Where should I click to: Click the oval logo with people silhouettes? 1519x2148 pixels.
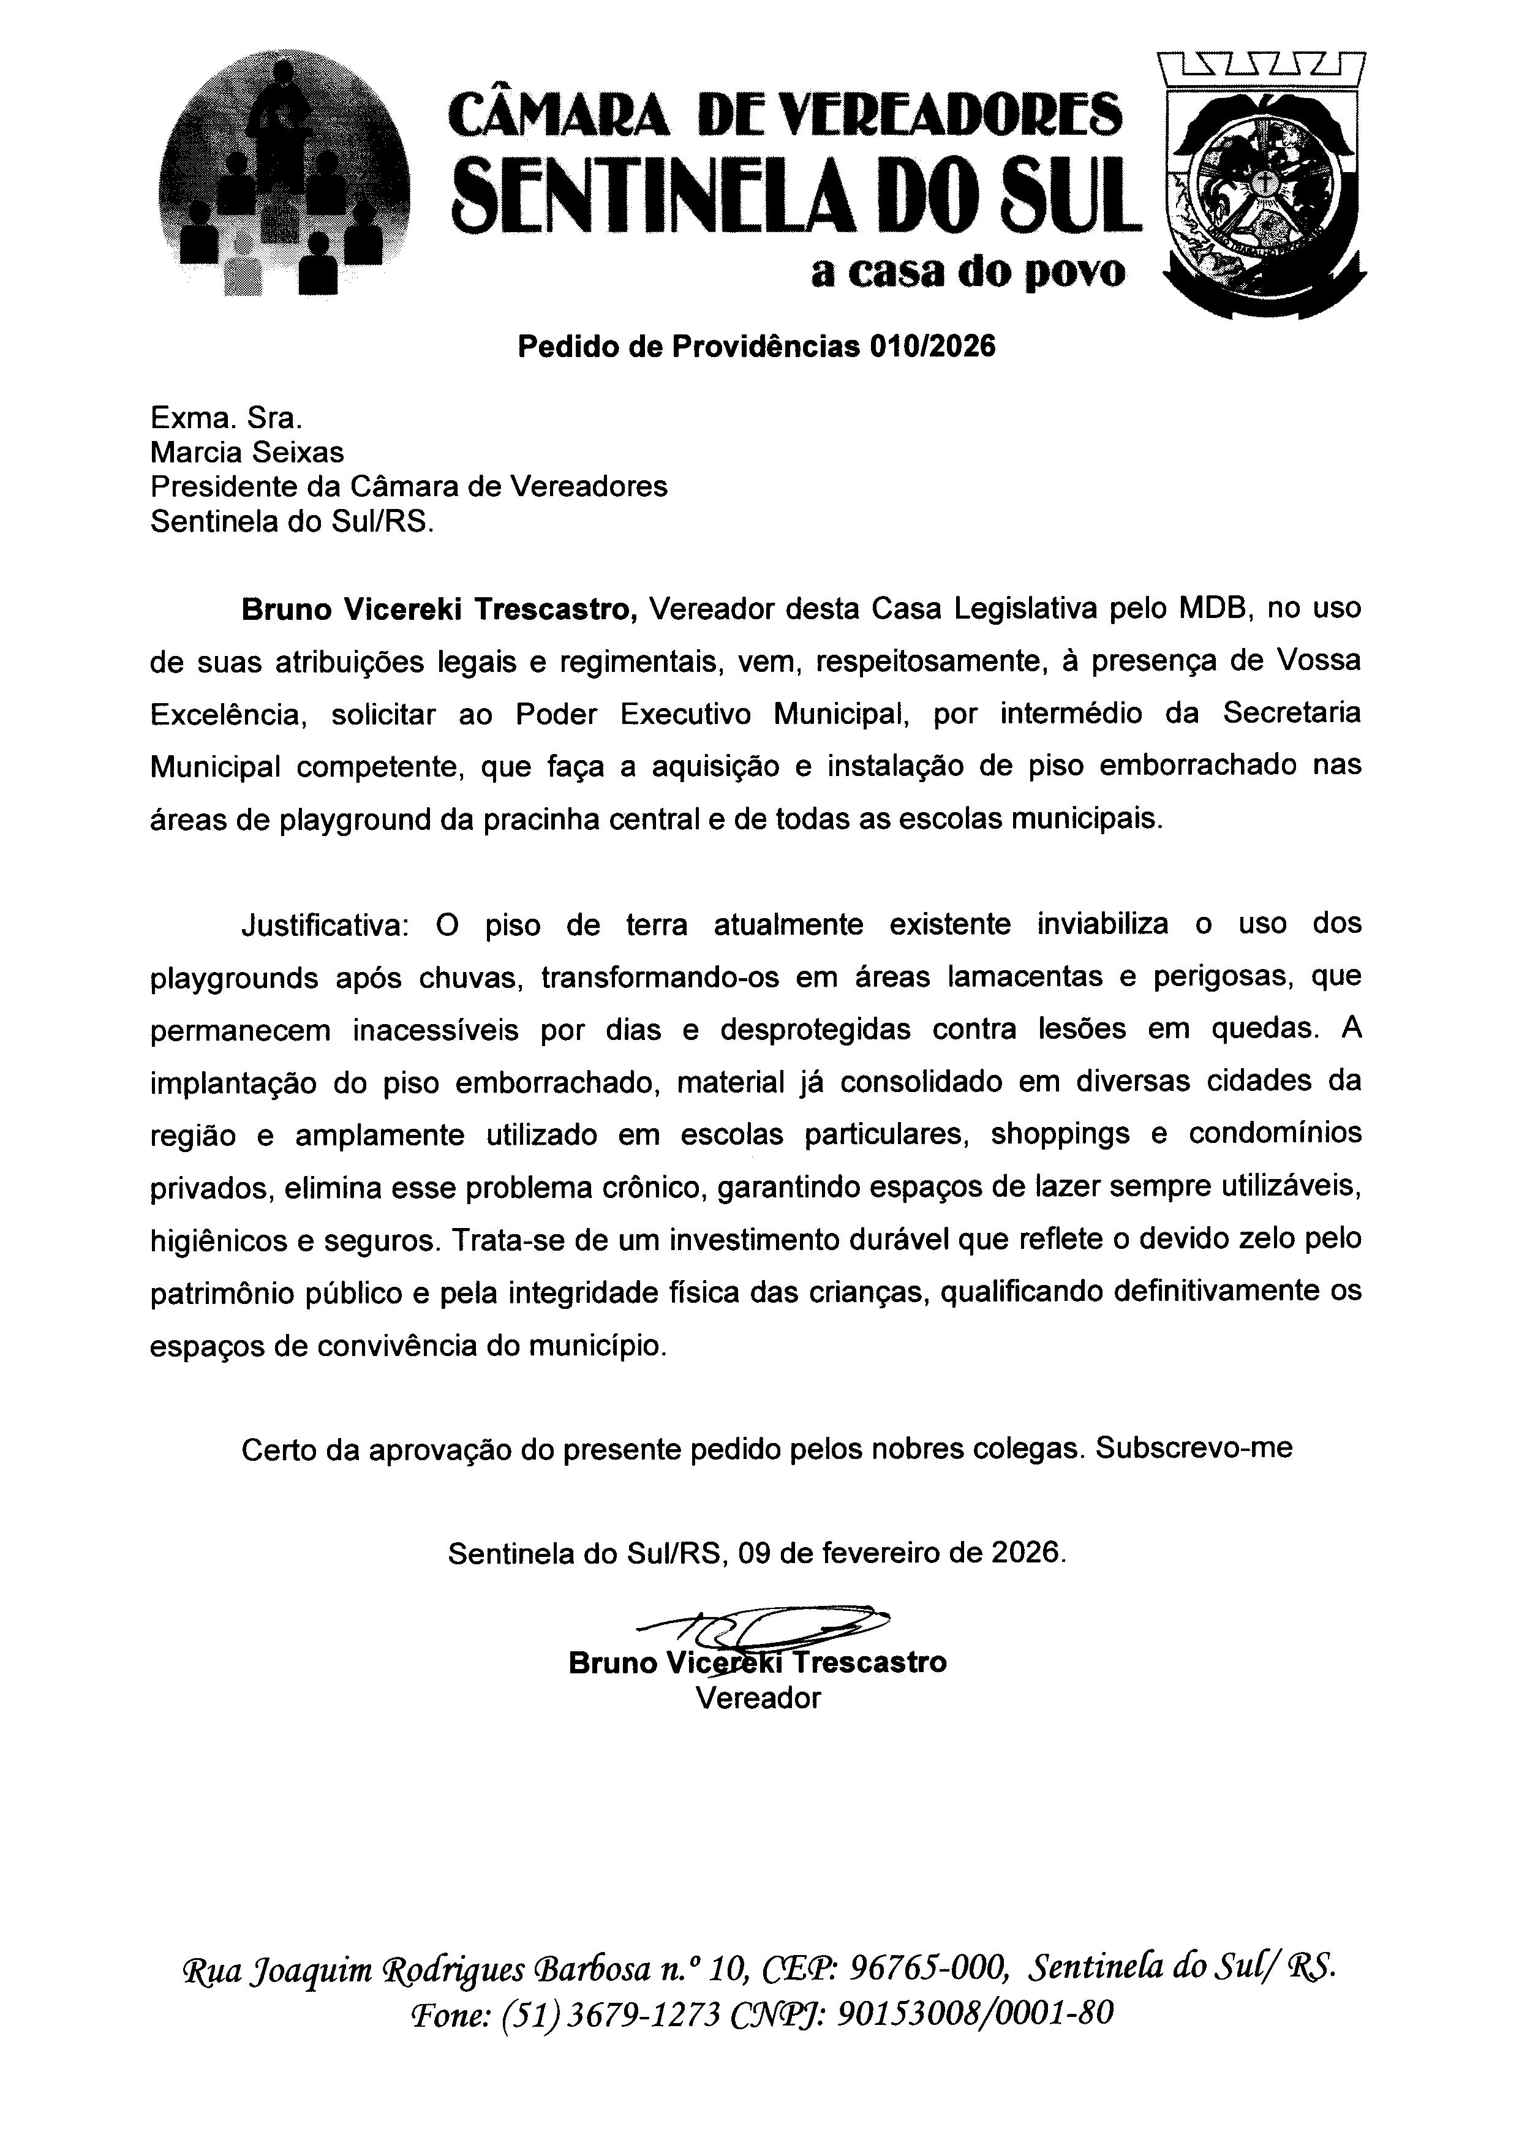[x=284, y=174]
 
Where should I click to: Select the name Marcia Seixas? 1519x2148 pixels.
[x=247, y=453]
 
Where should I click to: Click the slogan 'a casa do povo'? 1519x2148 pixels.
[x=968, y=272]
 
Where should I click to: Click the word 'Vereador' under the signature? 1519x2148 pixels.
[x=758, y=1697]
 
